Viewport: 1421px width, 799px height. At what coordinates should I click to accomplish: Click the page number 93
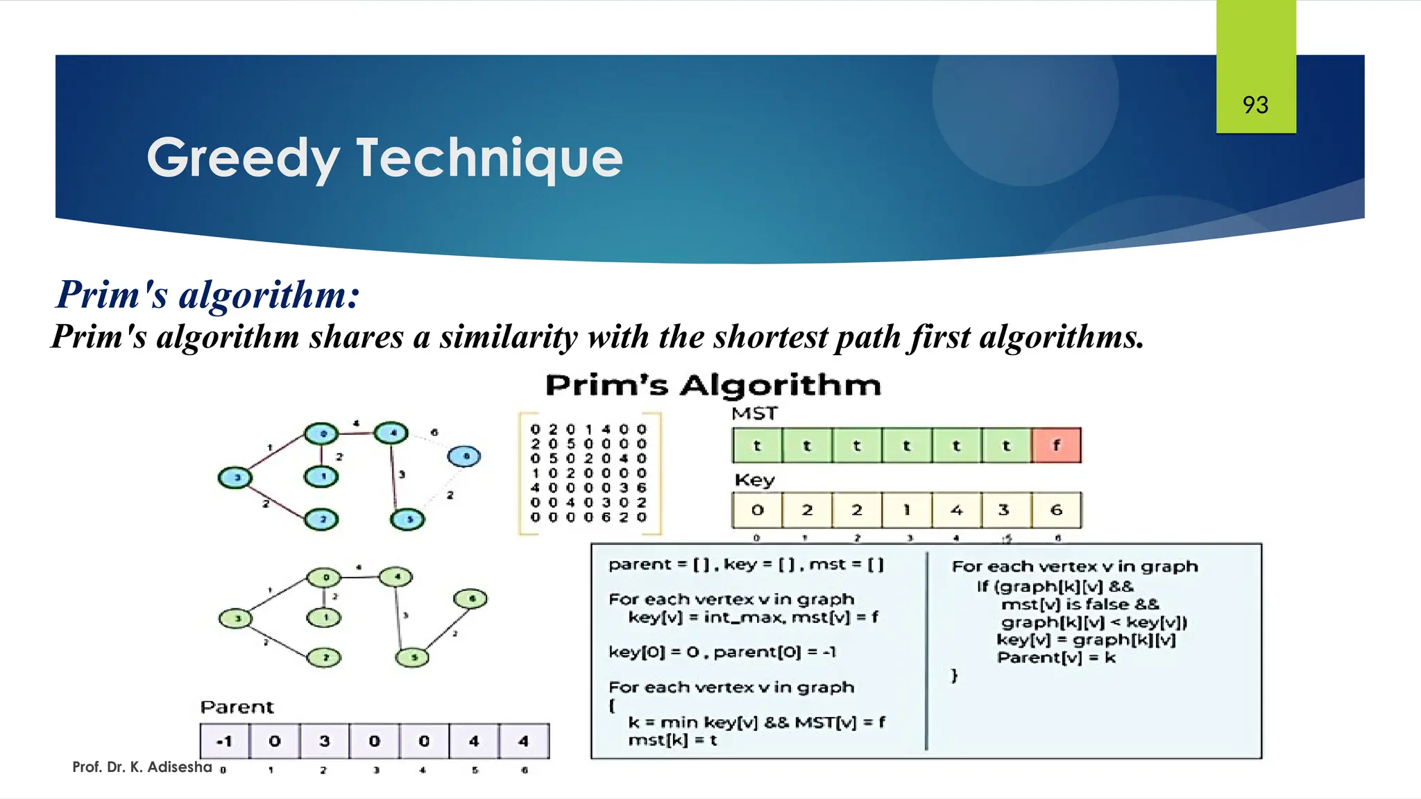[1255, 105]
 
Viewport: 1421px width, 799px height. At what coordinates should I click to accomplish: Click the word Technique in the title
[489, 158]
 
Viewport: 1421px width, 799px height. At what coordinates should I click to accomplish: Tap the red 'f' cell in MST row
[1056, 445]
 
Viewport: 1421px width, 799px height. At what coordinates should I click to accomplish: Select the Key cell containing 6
[1056, 510]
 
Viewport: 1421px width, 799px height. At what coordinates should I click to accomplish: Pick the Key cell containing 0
[757, 510]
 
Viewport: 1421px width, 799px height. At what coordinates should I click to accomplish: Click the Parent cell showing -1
[224, 741]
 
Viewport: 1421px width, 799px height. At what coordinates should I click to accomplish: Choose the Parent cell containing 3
[324, 741]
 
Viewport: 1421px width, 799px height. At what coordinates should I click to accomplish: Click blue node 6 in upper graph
[464, 456]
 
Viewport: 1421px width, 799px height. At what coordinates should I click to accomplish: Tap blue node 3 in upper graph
[235, 477]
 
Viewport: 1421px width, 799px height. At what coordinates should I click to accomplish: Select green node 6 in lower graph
[470, 598]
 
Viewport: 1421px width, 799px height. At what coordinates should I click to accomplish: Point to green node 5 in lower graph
[412, 657]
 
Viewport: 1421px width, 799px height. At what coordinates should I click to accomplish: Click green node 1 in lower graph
[323, 617]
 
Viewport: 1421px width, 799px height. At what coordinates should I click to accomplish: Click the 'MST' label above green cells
[754, 413]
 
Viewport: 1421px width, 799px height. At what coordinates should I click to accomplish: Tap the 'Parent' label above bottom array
[237, 707]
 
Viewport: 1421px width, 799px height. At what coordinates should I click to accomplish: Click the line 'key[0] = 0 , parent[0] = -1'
[722, 652]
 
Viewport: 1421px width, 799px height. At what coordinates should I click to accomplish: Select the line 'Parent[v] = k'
[1055, 658]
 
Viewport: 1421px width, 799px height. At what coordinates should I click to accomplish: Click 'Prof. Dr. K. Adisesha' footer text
[142, 767]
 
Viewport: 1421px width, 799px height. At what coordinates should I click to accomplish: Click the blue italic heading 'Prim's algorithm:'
[208, 294]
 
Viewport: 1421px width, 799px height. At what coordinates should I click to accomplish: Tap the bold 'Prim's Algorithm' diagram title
[713, 385]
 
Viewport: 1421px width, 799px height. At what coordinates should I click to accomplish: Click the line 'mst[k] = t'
[672, 740]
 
